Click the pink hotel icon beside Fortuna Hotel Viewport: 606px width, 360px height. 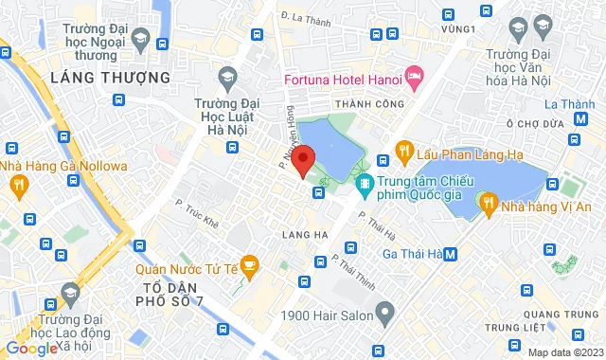point(413,75)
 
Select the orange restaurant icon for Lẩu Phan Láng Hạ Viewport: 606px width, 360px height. point(403,150)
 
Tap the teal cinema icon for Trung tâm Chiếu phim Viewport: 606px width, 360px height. point(364,183)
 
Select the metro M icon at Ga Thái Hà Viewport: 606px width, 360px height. point(452,253)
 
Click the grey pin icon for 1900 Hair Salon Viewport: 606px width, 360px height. point(384,310)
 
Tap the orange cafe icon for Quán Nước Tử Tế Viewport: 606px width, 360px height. point(249,263)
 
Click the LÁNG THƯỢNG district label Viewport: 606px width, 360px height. point(110,77)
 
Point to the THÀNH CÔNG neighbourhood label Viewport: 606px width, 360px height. point(363,104)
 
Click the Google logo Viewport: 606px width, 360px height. point(30,348)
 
